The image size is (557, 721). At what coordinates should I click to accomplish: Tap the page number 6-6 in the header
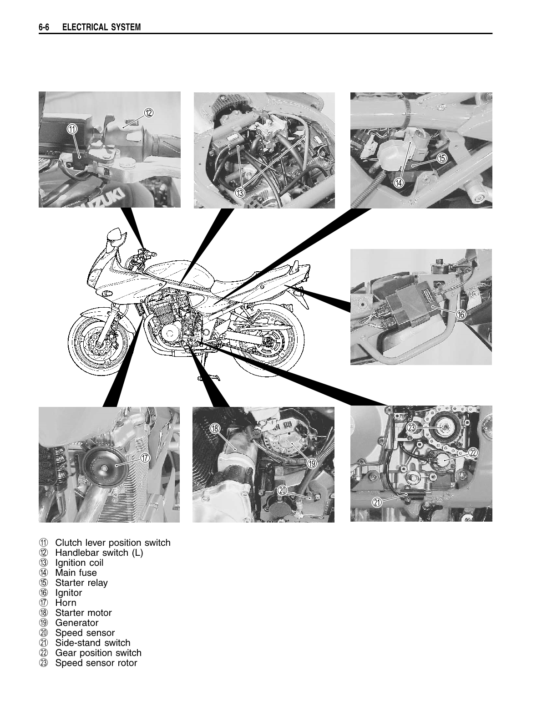[45, 28]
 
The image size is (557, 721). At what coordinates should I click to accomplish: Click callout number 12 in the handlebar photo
[149, 112]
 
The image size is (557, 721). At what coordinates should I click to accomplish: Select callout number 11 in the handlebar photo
[72, 129]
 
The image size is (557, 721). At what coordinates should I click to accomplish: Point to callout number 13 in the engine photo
[240, 193]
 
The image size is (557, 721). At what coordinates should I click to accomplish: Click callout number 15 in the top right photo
[441, 158]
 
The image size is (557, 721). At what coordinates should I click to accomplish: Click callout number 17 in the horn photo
[145, 458]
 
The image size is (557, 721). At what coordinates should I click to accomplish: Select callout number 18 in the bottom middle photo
[215, 428]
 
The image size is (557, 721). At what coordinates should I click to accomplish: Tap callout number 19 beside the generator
[311, 464]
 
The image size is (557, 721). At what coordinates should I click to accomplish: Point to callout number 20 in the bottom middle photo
[282, 491]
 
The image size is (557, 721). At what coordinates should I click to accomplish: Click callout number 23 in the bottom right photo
[412, 427]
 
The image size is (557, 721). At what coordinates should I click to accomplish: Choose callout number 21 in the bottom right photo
[377, 503]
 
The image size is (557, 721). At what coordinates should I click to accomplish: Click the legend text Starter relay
[81, 583]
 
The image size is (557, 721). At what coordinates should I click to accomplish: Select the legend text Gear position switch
[98, 653]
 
